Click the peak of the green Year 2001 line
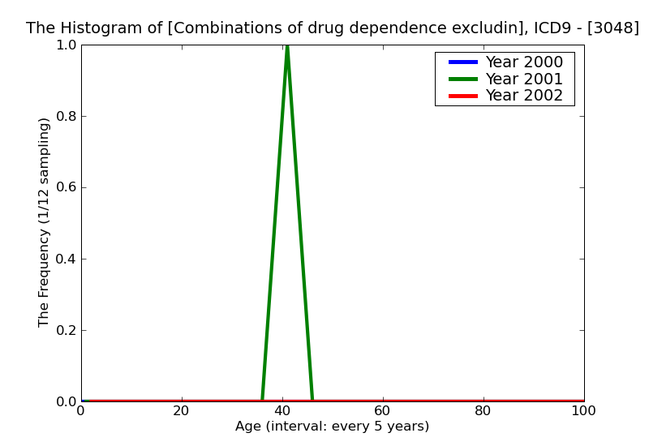point(287,46)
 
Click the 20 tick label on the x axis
point(182,411)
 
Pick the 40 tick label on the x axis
point(282,411)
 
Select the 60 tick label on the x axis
point(383,411)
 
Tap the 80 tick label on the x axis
point(484,411)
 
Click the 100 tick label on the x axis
point(583,411)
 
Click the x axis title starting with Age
point(332,427)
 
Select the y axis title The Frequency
point(45,222)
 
